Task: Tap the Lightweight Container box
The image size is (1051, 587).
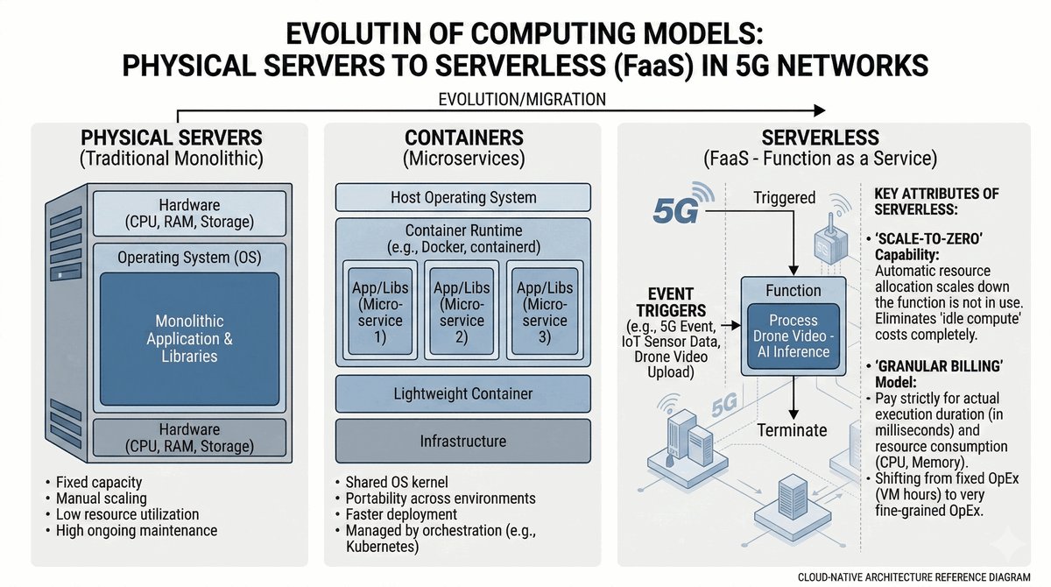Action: pos(462,394)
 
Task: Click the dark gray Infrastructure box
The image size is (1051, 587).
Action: pos(462,441)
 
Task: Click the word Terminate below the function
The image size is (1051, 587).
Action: pos(793,429)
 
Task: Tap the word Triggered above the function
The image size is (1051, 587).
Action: pos(784,198)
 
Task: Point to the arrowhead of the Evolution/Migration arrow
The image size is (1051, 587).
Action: pos(819,110)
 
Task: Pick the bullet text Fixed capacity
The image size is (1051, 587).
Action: pos(98,482)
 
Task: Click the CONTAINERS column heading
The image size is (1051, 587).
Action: pos(464,138)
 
